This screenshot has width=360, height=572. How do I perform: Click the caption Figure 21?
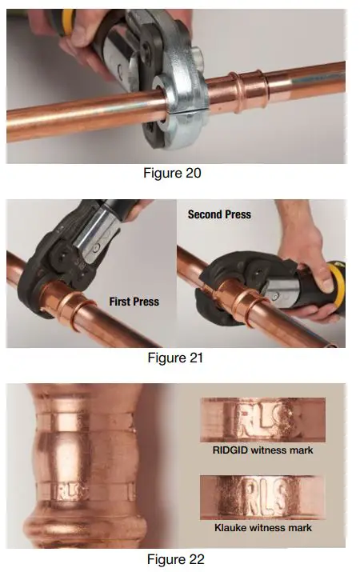[176, 358]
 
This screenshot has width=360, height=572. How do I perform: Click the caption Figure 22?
[176, 559]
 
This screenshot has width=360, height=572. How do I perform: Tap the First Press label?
[134, 302]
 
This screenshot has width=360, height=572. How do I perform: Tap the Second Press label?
[219, 214]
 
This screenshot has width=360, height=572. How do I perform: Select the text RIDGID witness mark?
[262, 450]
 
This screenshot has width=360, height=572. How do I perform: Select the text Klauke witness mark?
[262, 528]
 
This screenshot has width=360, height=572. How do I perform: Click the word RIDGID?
[232, 450]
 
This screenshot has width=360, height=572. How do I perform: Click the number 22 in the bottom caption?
[195, 559]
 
